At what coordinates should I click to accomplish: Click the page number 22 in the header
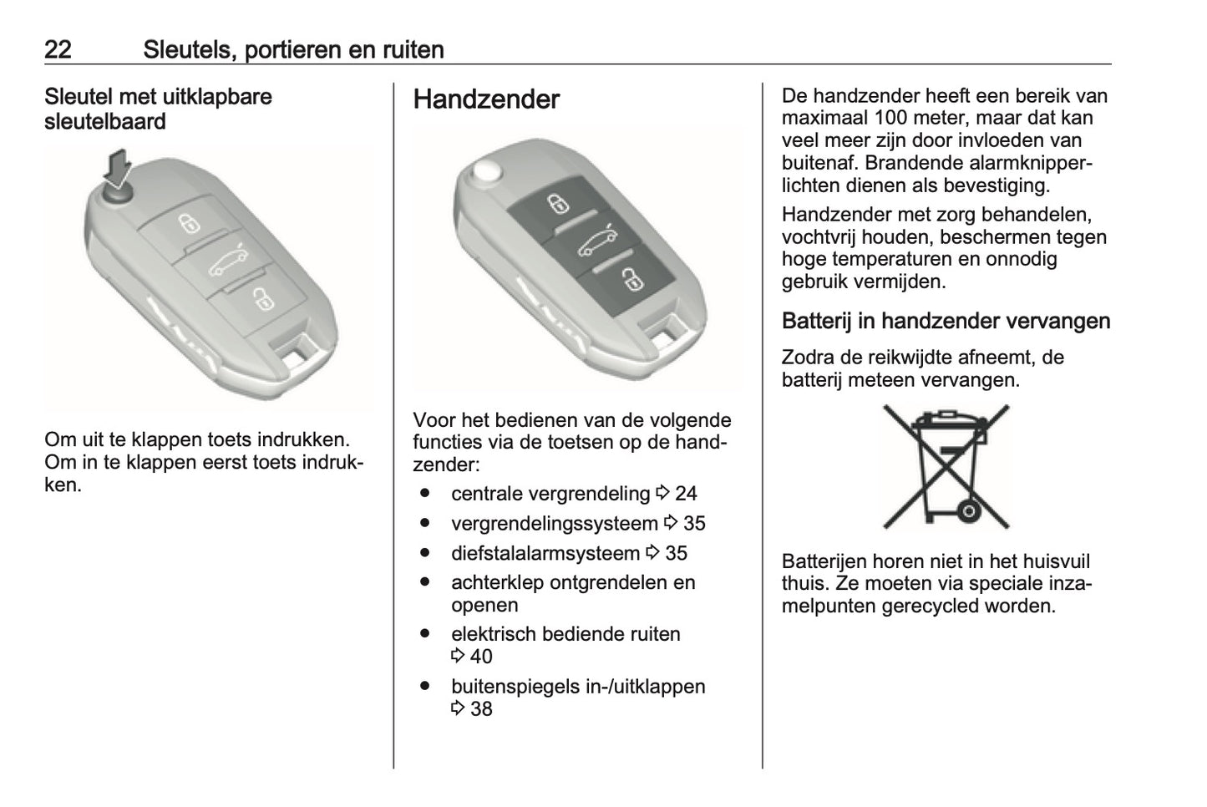[x=58, y=49]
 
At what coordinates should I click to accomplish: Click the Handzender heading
[x=486, y=99]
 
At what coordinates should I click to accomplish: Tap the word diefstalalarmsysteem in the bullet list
[x=545, y=553]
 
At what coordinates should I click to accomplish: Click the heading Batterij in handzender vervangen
[x=946, y=321]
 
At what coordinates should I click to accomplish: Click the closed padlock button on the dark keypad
[x=557, y=203]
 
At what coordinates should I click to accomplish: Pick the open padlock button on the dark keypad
[x=632, y=279]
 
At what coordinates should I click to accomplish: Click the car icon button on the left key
[x=227, y=261]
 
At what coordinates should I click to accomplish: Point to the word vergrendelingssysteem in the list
[x=554, y=524]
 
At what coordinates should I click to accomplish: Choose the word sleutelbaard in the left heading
[x=105, y=122]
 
